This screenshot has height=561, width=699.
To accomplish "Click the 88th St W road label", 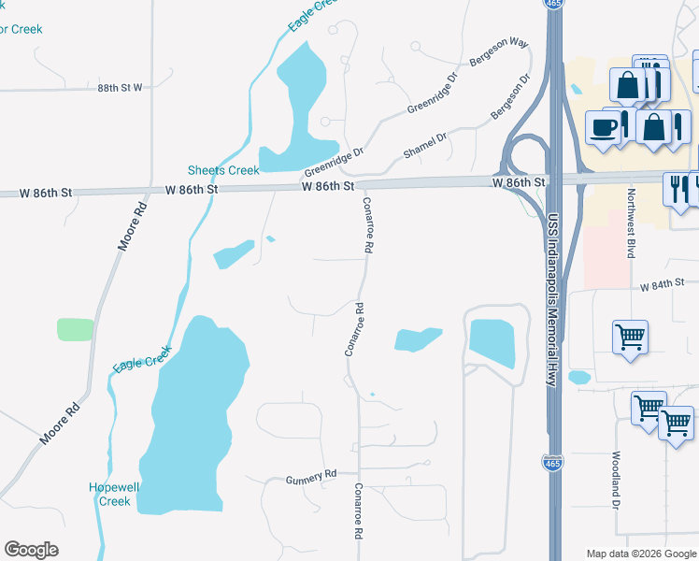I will click(x=120, y=87).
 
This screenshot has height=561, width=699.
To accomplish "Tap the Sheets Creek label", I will click(x=223, y=170).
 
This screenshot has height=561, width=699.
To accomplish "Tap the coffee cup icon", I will click(x=604, y=127).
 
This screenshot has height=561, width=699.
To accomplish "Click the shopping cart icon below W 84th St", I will click(x=630, y=336).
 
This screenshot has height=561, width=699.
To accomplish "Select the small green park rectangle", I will click(x=75, y=329).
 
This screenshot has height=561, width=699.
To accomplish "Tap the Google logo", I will click(x=31, y=550).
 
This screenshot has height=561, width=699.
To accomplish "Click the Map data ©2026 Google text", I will click(x=640, y=554).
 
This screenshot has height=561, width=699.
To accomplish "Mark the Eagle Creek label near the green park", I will click(x=143, y=358).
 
